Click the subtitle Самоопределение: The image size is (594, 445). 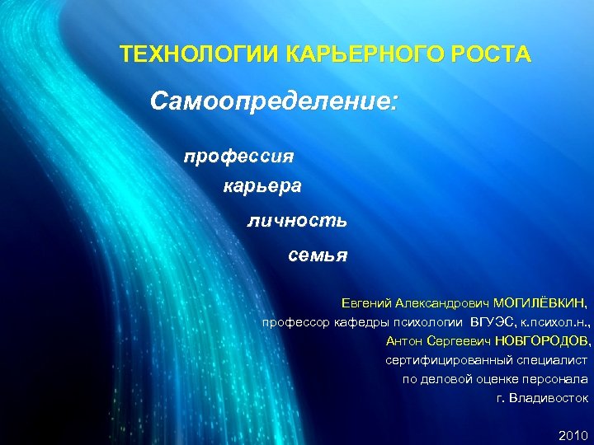(274, 103)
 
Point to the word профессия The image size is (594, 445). (238, 154)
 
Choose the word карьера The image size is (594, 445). (262, 186)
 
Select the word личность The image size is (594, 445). (297, 220)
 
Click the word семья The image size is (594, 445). (318, 255)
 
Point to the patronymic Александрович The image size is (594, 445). (442, 302)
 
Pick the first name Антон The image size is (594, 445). (404, 340)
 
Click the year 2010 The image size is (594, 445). (573, 434)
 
